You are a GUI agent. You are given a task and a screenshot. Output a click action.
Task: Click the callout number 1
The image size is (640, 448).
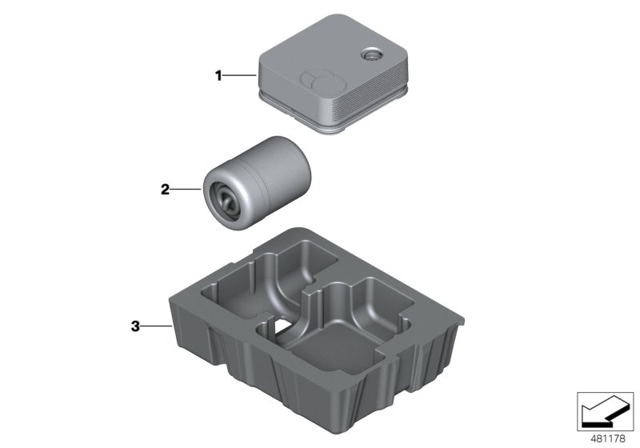tap(217, 76)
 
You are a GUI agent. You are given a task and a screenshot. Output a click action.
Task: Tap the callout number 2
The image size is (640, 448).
tap(166, 190)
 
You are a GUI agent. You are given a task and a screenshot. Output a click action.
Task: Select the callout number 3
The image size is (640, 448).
tap(135, 326)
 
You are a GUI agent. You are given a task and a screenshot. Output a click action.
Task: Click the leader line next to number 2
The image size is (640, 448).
tap(187, 190)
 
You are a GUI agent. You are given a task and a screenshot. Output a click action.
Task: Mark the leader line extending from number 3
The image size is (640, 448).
tap(154, 326)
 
